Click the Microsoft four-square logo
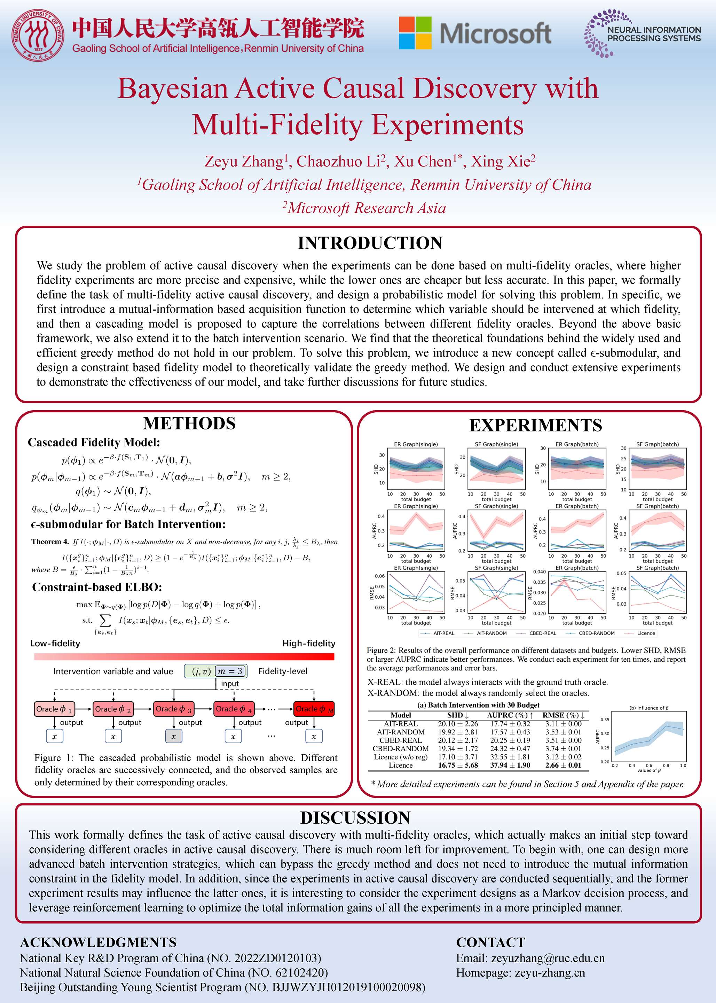click(x=415, y=33)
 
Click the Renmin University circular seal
click(x=38, y=35)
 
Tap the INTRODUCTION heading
click(x=369, y=243)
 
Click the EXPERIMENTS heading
click(x=535, y=425)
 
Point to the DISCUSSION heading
click(x=355, y=818)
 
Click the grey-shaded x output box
click(x=173, y=736)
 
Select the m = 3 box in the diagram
click(x=230, y=671)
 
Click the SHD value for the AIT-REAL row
click(x=458, y=724)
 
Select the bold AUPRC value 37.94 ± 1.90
click(x=510, y=765)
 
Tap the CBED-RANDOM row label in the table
click(x=400, y=748)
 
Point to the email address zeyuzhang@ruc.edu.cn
click(x=548, y=958)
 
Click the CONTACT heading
click(x=490, y=942)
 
